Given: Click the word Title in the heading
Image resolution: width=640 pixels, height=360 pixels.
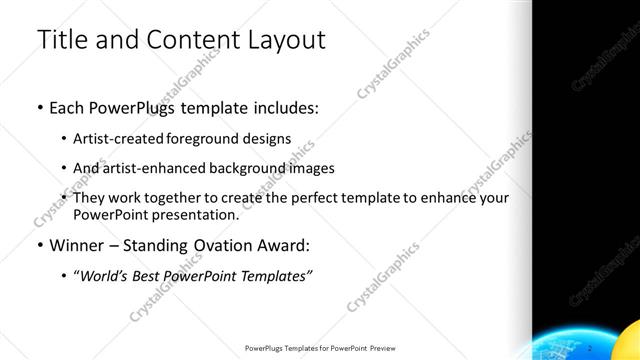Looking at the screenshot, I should tap(62, 41).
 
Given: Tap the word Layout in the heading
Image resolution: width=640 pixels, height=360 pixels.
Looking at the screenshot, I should tap(282, 41).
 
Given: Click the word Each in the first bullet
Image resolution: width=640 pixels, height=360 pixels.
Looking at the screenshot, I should tap(66, 109).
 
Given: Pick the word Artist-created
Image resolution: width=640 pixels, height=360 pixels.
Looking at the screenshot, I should tap(116, 138).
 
